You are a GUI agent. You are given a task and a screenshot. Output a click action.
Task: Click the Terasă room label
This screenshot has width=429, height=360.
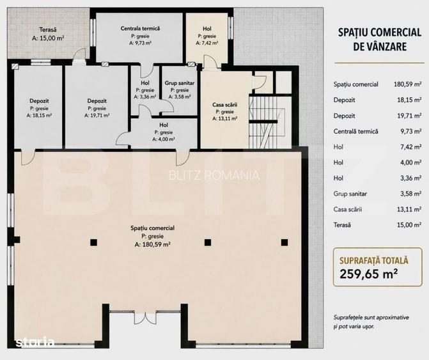(48, 29)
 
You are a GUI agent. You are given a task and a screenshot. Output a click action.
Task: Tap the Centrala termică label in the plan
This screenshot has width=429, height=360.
(140, 28)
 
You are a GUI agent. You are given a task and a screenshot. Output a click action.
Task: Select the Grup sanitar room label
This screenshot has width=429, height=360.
(180, 83)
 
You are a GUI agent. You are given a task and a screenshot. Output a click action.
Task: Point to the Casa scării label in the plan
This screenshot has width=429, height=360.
(225, 105)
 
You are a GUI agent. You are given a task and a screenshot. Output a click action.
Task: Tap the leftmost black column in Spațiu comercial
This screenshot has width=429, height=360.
(93, 242)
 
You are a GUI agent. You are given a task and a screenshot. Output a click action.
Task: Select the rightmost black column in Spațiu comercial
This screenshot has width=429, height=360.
(285, 242)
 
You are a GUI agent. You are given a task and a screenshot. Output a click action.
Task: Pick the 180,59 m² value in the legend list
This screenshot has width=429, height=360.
(407, 84)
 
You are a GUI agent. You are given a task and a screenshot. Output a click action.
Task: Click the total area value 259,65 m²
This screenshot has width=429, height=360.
(368, 273)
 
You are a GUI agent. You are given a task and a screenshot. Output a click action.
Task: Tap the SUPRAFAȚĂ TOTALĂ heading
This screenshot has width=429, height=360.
(374, 260)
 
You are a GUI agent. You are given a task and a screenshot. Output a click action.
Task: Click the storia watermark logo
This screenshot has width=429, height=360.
(35, 341)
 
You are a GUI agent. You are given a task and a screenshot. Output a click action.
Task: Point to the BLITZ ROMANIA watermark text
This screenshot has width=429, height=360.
(214, 175)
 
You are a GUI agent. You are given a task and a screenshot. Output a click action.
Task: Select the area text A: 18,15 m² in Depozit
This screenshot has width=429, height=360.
(39, 116)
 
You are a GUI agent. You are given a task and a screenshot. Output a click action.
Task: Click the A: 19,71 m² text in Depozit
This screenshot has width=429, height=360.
(97, 116)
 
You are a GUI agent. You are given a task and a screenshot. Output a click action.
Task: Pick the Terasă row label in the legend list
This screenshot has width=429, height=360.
(342, 225)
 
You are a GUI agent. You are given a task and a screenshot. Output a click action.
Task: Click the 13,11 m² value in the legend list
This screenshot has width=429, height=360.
(409, 209)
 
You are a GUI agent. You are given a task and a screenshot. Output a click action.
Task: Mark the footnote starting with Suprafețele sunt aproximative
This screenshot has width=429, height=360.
(371, 322)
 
